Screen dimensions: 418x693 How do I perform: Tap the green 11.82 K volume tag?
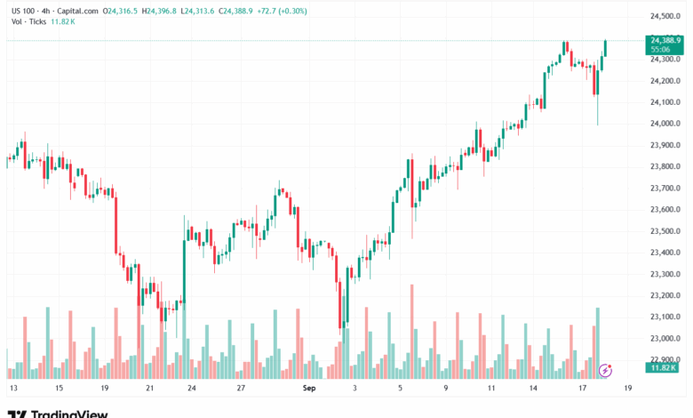tap(665, 367)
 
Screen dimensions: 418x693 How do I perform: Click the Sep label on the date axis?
tap(309, 389)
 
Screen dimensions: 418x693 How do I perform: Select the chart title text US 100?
tap(22, 11)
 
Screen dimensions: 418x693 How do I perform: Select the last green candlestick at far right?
tap(605, 50)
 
